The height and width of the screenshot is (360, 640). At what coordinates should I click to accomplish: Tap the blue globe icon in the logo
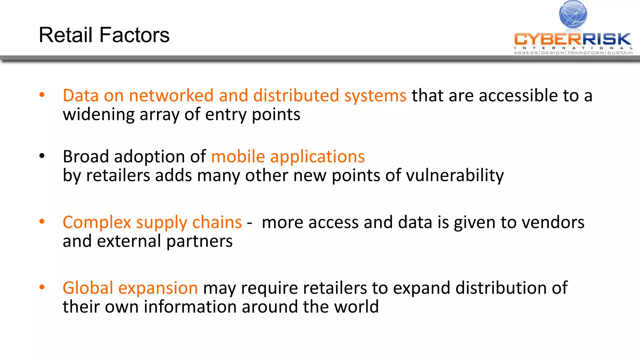[x=573, y=14]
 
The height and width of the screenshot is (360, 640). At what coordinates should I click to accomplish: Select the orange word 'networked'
[x=171, y=95]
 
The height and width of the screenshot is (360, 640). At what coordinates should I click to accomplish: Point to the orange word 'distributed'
[x=296, y=95]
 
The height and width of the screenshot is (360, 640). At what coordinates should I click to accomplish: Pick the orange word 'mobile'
[x=238, y=156]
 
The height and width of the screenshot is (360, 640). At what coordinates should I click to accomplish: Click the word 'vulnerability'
[x=455, y=176]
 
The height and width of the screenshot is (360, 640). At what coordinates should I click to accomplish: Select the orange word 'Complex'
[x=97, y=223]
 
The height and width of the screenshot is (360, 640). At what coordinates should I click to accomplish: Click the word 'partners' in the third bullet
[x=199, y=242]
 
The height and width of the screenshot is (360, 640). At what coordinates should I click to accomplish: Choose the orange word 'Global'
[x=88, y=288]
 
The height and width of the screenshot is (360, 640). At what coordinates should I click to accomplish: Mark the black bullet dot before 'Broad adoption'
[x=42, y=156]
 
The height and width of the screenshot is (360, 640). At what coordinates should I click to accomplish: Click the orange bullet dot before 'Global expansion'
[x=42, y=287]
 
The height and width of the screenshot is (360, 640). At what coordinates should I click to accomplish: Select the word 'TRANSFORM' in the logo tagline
[x=586, y=53]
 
